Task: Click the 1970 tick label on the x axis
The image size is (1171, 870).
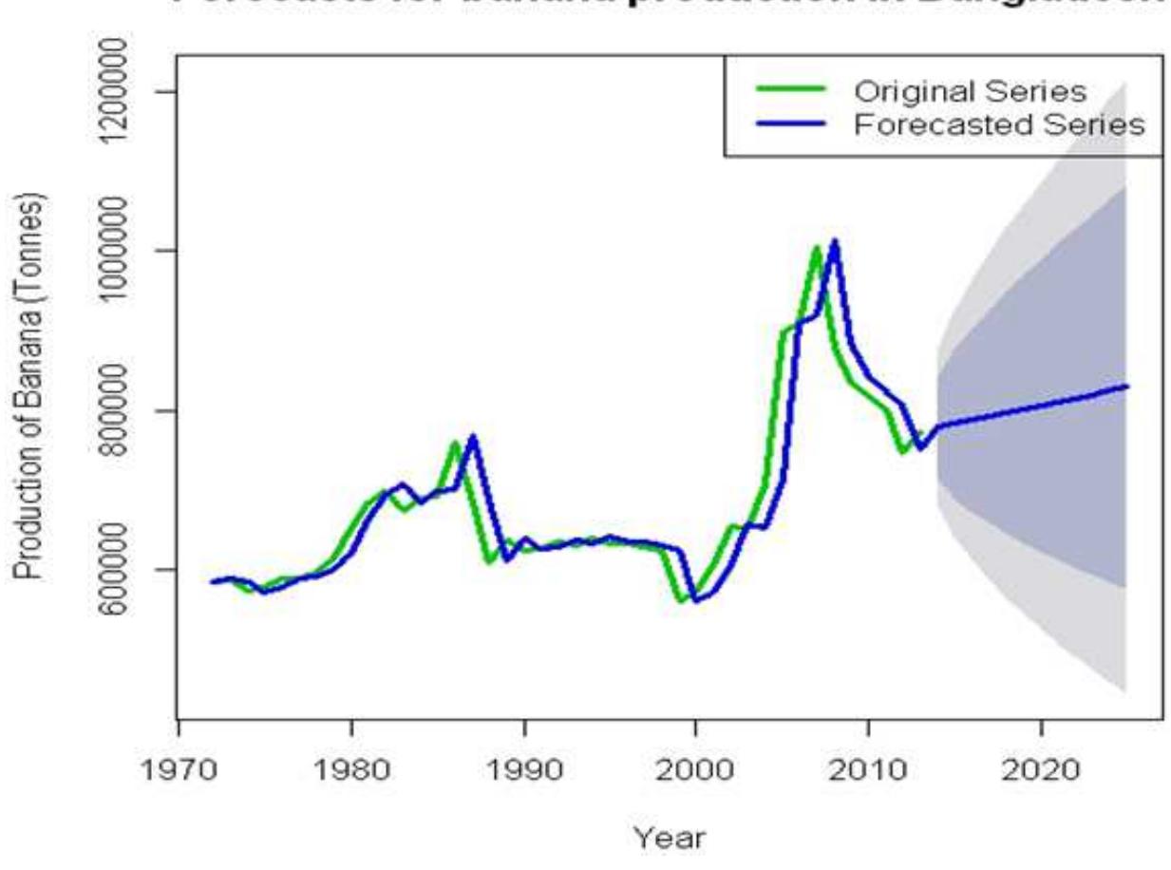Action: pos(179,765)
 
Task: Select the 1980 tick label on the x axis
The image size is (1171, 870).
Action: pos(350,765)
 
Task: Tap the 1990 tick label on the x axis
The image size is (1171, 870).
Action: pos(523,765)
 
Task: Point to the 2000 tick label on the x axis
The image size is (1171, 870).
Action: pos(695,765)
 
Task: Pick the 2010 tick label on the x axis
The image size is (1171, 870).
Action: pos(868,765)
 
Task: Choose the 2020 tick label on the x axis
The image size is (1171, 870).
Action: pos(1041,765)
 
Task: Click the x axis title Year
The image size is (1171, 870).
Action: pos(670,838)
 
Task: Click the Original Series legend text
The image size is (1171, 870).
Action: pos(970,92)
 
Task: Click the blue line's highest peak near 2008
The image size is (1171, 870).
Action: pos(834,241)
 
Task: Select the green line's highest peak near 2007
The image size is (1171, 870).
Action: pos(816,249)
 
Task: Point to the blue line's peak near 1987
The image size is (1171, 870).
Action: pos(472,437)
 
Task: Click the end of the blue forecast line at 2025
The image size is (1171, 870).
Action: pos(1126,386)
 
